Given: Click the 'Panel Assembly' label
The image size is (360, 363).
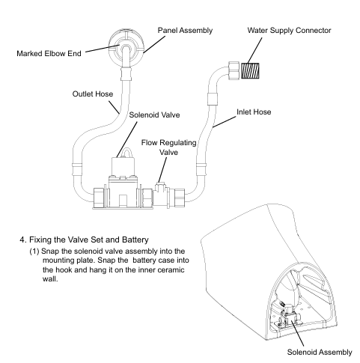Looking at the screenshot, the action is pos(185,31).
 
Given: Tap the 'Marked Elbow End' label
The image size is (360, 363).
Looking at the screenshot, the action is pos(49,53).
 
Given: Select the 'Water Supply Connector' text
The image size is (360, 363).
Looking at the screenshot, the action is pos(289,31).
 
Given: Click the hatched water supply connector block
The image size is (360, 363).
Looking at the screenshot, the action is pos(250,71).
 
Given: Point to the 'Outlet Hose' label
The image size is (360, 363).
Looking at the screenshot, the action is pos(93,94).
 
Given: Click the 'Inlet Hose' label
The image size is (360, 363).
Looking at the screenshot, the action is pos(254,112).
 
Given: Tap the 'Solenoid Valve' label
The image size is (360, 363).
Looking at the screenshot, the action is pos(154,115).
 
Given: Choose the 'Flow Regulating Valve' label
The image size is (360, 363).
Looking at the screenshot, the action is pos(168,147).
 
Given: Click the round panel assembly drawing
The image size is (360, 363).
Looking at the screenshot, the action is pos(126,48).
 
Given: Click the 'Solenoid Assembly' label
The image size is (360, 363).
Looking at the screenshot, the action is pos(320,352).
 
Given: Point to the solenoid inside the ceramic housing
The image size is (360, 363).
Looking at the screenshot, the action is pos(289,315).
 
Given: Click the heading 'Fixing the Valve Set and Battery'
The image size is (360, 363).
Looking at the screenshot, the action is pos(89,240).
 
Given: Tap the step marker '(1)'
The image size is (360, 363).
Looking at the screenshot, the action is pos(34,251).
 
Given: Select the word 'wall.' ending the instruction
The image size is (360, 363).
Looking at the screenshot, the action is pos(50,279).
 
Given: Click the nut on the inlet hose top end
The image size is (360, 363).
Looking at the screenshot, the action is pos(234,70).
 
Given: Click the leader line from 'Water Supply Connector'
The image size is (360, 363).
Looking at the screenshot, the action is pos(254,50).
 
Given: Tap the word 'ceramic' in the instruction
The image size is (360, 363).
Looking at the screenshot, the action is pos(171,270).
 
